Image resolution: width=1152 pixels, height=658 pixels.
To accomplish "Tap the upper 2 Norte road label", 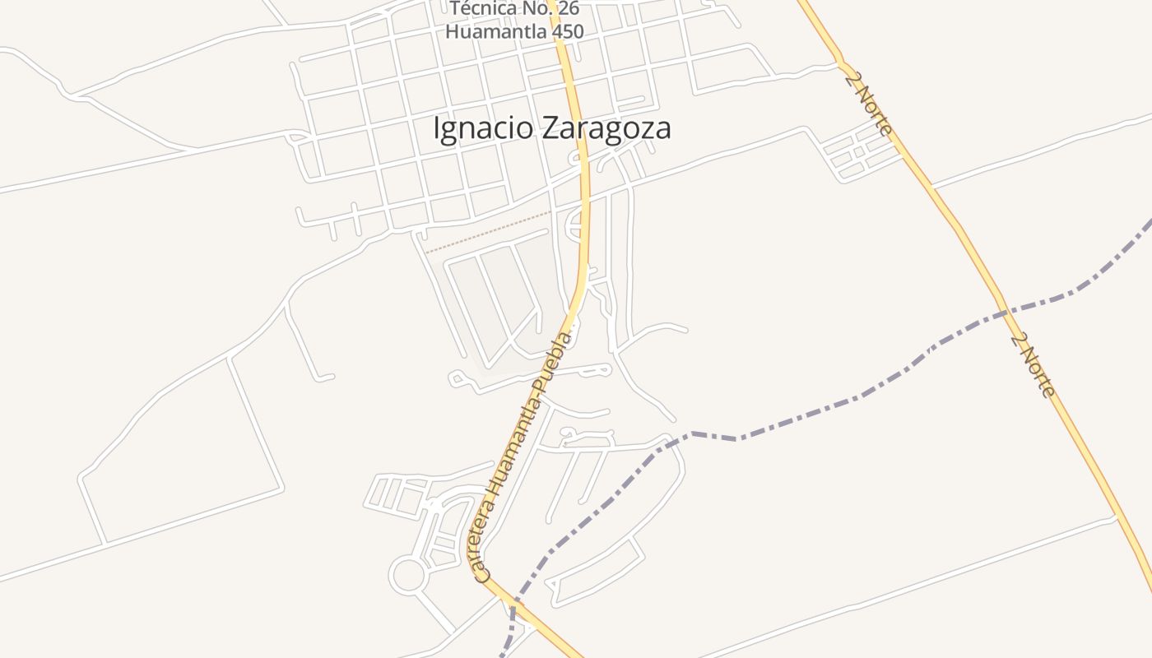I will point(868,102).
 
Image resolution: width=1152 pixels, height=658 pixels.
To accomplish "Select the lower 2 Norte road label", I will point(1033,365).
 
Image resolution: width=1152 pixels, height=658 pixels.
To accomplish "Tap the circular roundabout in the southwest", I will point(407,575).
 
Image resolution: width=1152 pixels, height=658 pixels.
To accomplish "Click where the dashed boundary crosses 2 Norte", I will point(1005,310).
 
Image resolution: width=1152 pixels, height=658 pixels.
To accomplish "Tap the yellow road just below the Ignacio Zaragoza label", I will point(585,177).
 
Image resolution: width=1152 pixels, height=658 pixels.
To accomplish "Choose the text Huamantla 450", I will point(514,32).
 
